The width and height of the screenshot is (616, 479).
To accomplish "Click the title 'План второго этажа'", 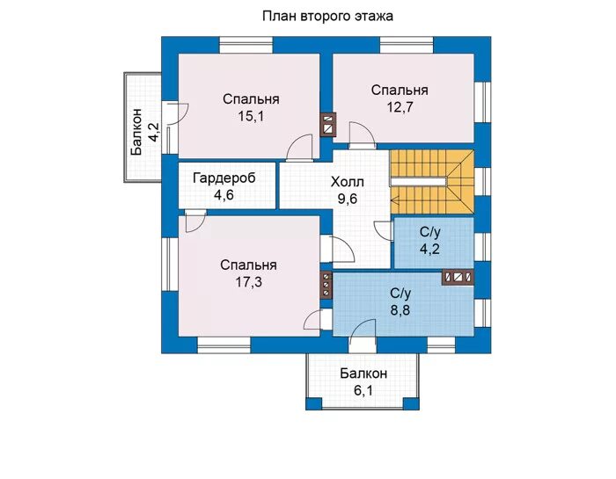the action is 327,16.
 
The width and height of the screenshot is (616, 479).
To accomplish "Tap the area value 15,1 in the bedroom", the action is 251,116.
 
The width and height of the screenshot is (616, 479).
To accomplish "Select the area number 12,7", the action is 400,106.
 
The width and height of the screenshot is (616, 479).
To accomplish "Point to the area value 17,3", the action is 249,281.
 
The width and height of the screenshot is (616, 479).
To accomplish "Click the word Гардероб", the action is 224,178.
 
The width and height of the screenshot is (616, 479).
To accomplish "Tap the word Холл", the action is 348,182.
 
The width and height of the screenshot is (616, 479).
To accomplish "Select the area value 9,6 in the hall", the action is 348,199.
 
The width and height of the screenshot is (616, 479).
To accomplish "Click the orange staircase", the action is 432,182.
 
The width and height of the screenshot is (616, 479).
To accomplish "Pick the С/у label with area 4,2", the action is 430,232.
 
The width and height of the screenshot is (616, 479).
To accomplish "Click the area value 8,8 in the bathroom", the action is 400,310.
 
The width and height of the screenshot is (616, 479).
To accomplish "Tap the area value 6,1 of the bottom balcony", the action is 363,391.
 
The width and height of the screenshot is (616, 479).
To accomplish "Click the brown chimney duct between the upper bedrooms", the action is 328,125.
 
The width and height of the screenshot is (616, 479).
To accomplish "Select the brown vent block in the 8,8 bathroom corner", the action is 458,277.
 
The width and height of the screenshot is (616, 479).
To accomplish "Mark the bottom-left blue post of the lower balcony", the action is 314,403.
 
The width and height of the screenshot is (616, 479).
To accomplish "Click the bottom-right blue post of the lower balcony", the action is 411,403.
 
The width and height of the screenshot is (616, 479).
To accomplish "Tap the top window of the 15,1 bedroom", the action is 246,45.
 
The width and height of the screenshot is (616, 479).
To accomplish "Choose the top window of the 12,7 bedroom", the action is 407,45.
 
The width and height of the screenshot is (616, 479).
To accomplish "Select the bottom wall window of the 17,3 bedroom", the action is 224,345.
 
